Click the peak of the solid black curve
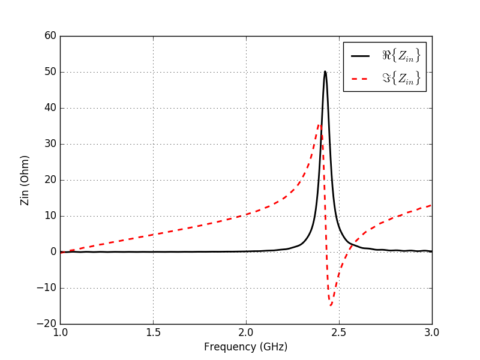325,71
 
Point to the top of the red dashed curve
320,124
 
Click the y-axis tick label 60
50,36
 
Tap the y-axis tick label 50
50,72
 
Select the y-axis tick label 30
50,144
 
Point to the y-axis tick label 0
53,252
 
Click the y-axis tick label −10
46,288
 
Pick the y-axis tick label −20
46,324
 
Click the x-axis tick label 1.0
60,332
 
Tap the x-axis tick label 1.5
153,332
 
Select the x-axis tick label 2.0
246,332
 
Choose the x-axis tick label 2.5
339,332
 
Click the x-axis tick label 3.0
432,332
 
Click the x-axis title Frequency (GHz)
245,347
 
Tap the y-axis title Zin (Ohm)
25,180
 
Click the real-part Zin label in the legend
401,56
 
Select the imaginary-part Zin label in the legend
401,78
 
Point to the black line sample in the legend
361,56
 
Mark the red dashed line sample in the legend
361,78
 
